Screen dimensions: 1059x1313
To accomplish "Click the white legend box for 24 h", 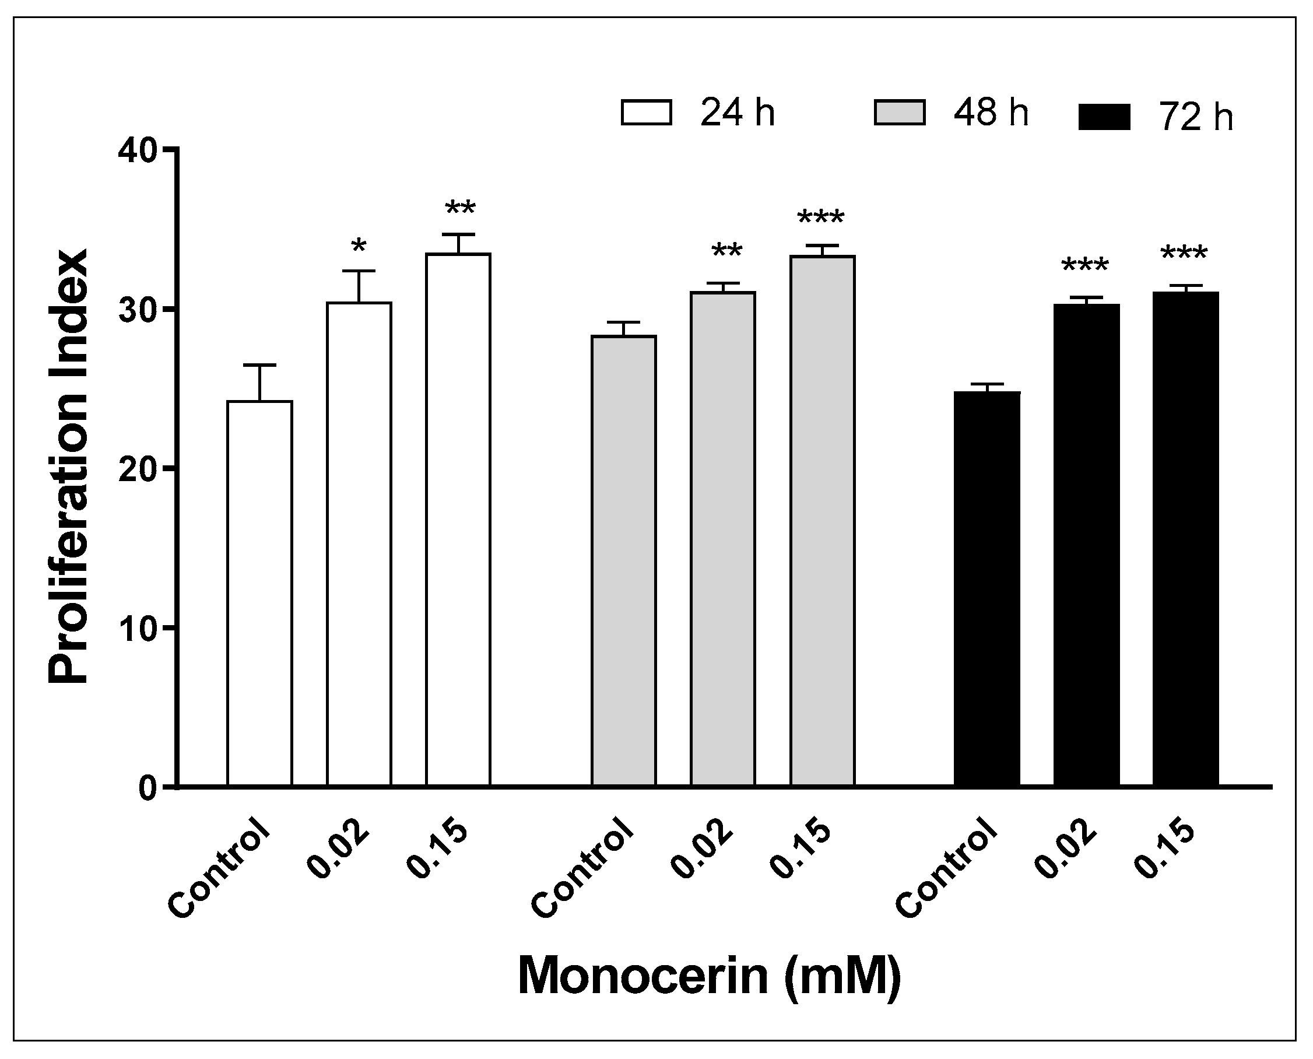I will click(647, 113).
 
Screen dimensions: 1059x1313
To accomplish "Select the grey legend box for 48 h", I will click(900, 113).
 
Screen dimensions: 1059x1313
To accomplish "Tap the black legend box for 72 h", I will click(1104, 117).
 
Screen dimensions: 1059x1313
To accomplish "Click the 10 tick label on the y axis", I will click(139, 628).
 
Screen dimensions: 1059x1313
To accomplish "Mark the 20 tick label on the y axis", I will click(139, 469).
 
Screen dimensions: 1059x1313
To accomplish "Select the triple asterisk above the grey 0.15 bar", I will click(821, 218).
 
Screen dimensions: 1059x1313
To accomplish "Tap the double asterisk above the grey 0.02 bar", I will click(726, 252).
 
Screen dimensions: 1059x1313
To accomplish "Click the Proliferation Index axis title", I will click(68, 467).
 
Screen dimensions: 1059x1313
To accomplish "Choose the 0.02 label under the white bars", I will click(339, 850).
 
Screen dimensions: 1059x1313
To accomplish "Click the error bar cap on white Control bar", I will click(260, 366).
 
